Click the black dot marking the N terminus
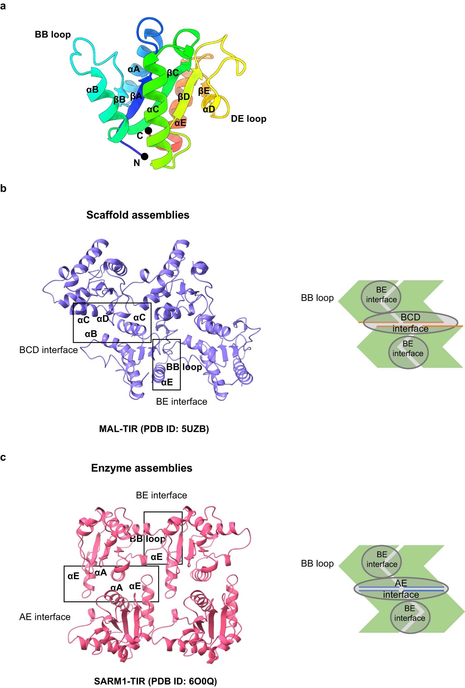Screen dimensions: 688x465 145,156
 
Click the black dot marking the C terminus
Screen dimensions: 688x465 148,131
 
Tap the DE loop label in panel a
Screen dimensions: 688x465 248,119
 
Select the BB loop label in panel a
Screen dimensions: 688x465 53,35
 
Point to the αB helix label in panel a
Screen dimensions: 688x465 92,90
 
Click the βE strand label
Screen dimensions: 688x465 204,91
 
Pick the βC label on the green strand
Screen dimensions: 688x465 173,73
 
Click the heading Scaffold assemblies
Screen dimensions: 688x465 138,215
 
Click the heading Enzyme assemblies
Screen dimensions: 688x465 142,468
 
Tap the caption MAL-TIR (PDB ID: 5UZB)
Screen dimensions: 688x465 154,429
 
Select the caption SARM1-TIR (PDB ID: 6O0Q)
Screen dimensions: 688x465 155,681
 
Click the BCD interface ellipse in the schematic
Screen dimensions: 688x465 410,323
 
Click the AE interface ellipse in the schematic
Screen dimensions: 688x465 401,589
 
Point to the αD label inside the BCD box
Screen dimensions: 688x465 103,319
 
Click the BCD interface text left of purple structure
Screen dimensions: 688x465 48,350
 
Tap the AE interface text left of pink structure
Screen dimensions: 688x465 45,617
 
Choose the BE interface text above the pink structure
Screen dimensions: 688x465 161,495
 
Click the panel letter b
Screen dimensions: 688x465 4,188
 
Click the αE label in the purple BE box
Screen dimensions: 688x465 167,382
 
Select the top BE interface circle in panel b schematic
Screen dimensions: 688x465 381,295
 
